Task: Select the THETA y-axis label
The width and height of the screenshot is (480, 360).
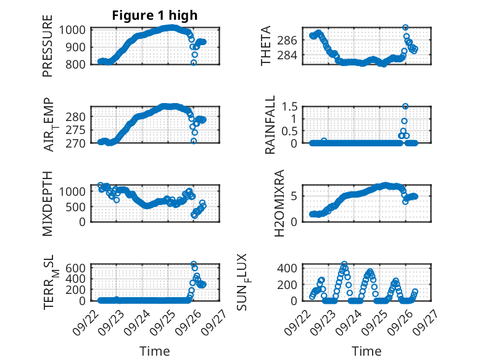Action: click(x=266, y=46)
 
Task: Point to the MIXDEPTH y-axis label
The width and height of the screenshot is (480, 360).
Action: click(x=48, y=203)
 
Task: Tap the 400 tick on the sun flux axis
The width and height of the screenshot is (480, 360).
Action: click(x=291, y=267)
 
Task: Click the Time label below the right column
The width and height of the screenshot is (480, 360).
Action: click(x=366, y=351)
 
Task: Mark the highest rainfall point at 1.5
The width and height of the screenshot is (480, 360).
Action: click(x=405, y=106)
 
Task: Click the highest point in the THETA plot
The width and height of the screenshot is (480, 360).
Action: click(x=405, y=28)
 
